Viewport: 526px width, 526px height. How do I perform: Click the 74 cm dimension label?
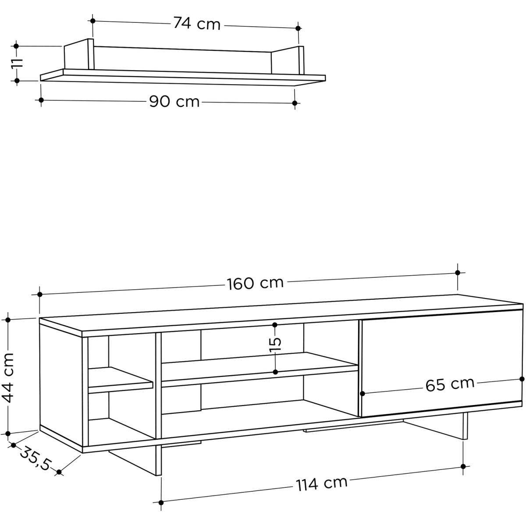(197, 24)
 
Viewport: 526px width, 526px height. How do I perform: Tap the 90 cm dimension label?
(174, 102)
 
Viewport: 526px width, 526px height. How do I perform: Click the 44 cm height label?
(8, 378)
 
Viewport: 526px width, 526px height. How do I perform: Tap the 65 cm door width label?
(450, 384)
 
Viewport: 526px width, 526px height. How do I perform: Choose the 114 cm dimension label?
(322, 483)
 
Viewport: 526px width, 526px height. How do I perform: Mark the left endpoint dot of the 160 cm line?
(40, 294)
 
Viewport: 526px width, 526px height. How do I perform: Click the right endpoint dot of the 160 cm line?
(458, 273)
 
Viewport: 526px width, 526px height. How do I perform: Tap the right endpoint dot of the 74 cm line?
(298, 28)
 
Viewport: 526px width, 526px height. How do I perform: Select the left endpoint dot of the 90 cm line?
(41, 100)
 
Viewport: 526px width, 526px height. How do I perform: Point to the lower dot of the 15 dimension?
(275, 372)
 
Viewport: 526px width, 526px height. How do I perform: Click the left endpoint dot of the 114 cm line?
(161, 502)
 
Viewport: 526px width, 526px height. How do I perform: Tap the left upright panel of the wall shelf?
(79, 55)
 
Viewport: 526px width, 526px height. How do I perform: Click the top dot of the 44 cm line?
(8, 320)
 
